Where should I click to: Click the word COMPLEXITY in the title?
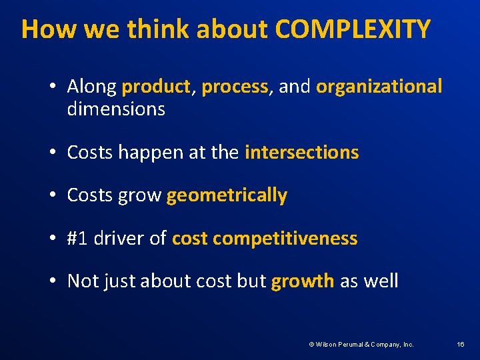pos(353,29)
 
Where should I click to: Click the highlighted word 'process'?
pos(235,87)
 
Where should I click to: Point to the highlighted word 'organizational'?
pos(379,87)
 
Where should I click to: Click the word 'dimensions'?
pos(116,109)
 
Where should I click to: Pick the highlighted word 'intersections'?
pos(302,153)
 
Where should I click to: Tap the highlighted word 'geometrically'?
pos(227,195)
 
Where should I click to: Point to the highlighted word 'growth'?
pos(303,281)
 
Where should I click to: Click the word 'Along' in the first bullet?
pos(92,87)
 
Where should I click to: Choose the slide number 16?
pos(460,345)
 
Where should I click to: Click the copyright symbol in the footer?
pos(311,345)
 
